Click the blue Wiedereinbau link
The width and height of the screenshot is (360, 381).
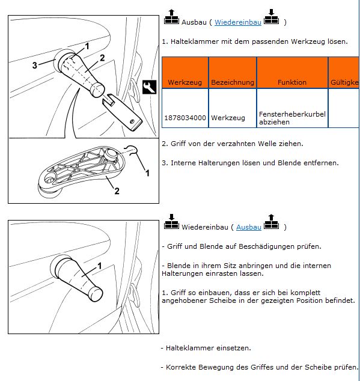(238, 22)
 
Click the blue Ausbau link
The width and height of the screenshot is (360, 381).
(249, 227)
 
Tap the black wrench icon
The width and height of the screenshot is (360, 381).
(149, 87)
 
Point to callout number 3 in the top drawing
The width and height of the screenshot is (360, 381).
(35, 65)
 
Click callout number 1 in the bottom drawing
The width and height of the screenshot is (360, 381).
(99, 266)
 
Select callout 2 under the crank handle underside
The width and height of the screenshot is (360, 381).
(117, 191)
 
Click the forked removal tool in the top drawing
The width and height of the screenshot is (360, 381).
(121, 112)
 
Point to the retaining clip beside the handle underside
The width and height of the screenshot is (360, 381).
(131, 150)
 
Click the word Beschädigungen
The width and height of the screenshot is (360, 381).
(266, 246)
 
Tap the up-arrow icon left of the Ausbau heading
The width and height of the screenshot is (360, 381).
(171, 16)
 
